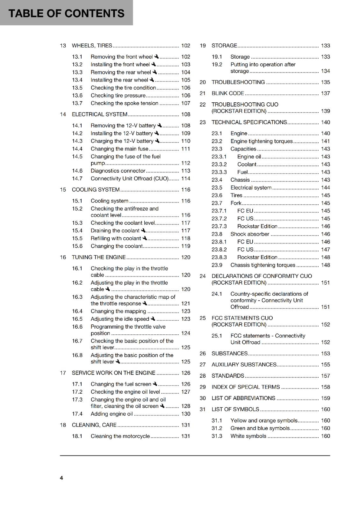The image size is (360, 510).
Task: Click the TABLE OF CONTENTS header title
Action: (66, 13)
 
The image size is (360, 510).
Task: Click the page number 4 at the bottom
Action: (61, 478)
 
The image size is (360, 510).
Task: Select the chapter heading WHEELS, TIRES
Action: (92, 46)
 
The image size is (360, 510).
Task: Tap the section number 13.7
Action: (77, 103)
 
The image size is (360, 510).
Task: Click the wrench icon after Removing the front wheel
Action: (156, 56)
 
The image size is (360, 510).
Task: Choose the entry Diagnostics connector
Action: (118, 171)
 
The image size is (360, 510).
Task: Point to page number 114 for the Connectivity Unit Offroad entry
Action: (186, 178)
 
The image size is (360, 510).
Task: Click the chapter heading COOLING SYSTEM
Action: (96, 190)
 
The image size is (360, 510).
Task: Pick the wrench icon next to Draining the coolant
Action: (143, 230)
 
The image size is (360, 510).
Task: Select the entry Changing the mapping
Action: (118, 311)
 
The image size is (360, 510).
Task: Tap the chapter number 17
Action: (63, 373)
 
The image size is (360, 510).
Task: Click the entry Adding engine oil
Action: (112, 414)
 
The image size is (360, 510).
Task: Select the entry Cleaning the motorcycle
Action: (120, 436)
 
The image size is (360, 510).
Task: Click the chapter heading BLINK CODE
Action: (228, 93)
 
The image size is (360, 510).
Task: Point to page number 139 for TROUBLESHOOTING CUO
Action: (325, 111)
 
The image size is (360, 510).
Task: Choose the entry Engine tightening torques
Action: (262, 141)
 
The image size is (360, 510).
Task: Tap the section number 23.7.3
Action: (219, 226)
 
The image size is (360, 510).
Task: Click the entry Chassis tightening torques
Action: (263, 265)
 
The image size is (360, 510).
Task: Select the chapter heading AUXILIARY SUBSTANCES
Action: (244, 365)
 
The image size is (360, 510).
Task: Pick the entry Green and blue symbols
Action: (260, 428)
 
